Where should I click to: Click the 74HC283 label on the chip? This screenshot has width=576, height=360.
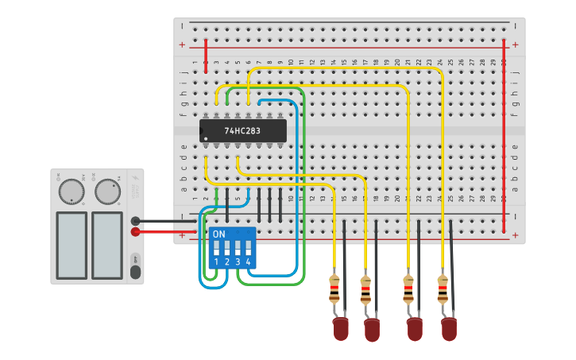(x=242, y=130)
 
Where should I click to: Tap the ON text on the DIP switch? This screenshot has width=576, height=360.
(x=219, y=234)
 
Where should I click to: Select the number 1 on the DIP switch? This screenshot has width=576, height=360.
(x=216, y=261)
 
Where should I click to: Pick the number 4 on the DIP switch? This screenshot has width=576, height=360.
(x=249, y=261)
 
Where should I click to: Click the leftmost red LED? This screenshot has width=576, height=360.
(x=340, y=327)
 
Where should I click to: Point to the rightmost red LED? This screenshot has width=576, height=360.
(x=449, y=327)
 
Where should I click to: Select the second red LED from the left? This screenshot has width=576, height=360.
(x=371, y=328)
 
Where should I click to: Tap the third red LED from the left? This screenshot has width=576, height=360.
(x=414, y=327)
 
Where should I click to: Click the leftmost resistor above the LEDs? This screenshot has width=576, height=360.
(x=334, y=289)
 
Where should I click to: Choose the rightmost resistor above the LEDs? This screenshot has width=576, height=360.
(x=443, y=288)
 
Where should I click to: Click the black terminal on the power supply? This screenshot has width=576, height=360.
(x=136, y=221)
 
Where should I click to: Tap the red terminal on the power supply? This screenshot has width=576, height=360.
(x=136, y=232)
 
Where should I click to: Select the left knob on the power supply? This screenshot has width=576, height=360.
(x=72, y=191)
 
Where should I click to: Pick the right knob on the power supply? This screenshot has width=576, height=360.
(x=106, y=191)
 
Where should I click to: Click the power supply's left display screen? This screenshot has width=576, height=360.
(x=72, y=245)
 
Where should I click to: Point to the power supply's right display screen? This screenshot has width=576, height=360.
(x=106, y=245)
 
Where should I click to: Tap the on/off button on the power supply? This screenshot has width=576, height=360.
(x=135, y=271)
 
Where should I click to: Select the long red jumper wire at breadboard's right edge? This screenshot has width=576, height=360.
(x=504, y=135)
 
